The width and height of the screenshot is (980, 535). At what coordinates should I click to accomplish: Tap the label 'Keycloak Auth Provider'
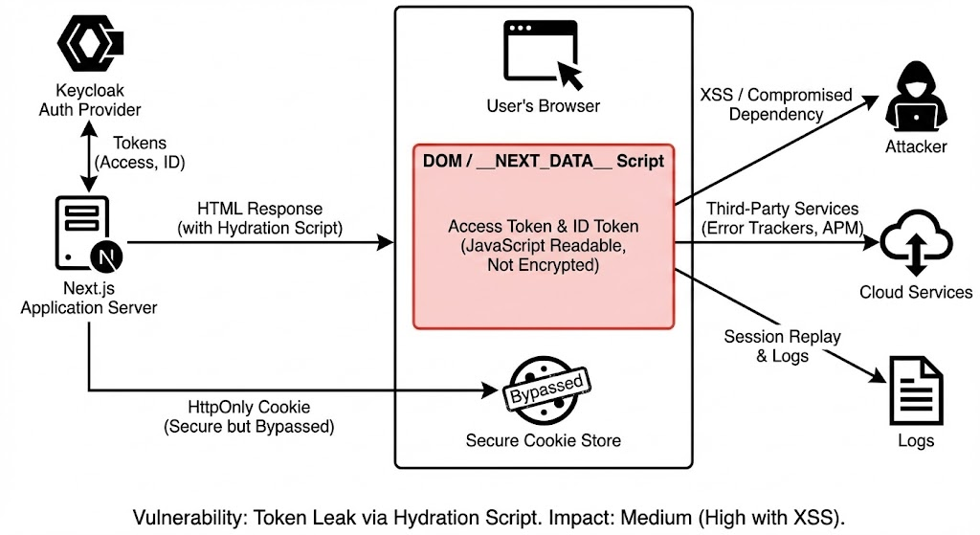[x=89, y=100]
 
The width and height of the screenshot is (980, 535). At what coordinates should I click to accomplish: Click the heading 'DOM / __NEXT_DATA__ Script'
[x=543, y=161]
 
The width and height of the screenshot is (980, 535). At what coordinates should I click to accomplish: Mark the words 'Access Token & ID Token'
[x=543, y=227]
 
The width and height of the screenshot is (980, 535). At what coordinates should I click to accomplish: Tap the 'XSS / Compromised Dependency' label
[x=775, y=104]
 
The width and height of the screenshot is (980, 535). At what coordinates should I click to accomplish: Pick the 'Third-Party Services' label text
[x=782, y=209]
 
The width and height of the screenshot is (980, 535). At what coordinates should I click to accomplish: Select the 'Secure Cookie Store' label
[x=543, y=441]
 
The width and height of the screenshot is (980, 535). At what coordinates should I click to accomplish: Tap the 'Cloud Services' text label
[x=915, y=293]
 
